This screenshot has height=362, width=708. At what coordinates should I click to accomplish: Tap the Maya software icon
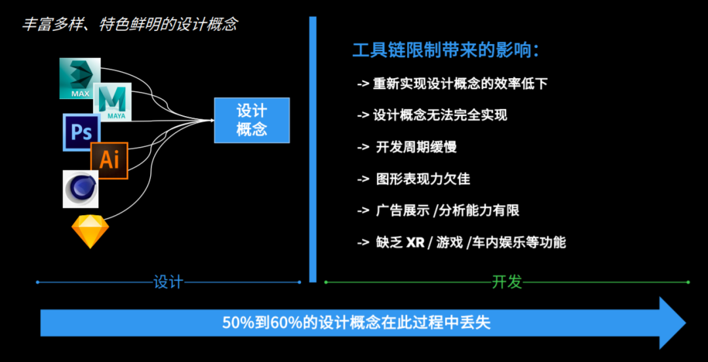pos(113,102)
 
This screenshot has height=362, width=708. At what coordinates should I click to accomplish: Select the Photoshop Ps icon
pos(81,132)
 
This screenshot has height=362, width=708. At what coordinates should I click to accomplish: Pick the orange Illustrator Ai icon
pos(109,160)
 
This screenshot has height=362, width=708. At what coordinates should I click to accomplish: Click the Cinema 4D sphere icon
pos(81,189)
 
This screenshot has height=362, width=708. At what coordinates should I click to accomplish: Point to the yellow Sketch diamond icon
pos(89,231)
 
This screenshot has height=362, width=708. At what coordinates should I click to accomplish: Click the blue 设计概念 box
pos(252,120)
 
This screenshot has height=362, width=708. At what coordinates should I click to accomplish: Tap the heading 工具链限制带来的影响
pos(446,50)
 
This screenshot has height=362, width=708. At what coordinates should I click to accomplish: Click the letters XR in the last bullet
pos(415,243)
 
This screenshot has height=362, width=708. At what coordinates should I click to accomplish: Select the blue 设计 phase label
pos(168,282)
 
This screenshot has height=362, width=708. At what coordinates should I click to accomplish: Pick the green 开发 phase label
pos(507,282)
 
